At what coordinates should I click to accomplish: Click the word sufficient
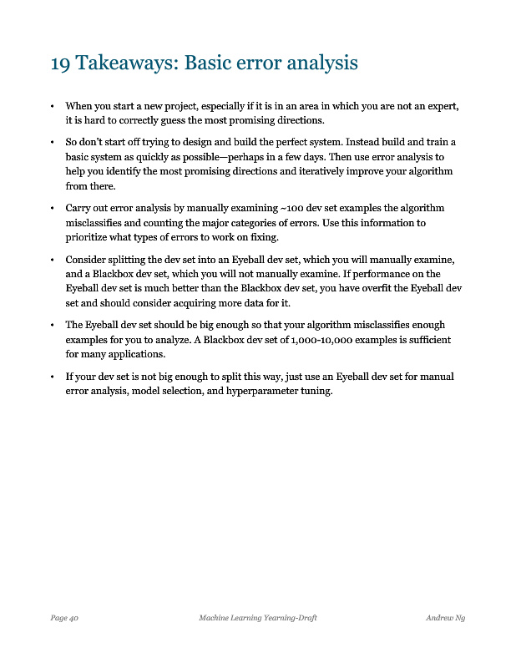tap(426, 340)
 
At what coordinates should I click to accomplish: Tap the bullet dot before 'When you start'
tap(53, 107)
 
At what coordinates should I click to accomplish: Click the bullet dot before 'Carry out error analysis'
tap(53, 208)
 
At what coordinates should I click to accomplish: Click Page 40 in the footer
tap(64, 617)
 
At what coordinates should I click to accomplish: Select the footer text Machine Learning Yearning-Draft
tap(257, 617)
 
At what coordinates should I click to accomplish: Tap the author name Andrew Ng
tap(445, 617)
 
